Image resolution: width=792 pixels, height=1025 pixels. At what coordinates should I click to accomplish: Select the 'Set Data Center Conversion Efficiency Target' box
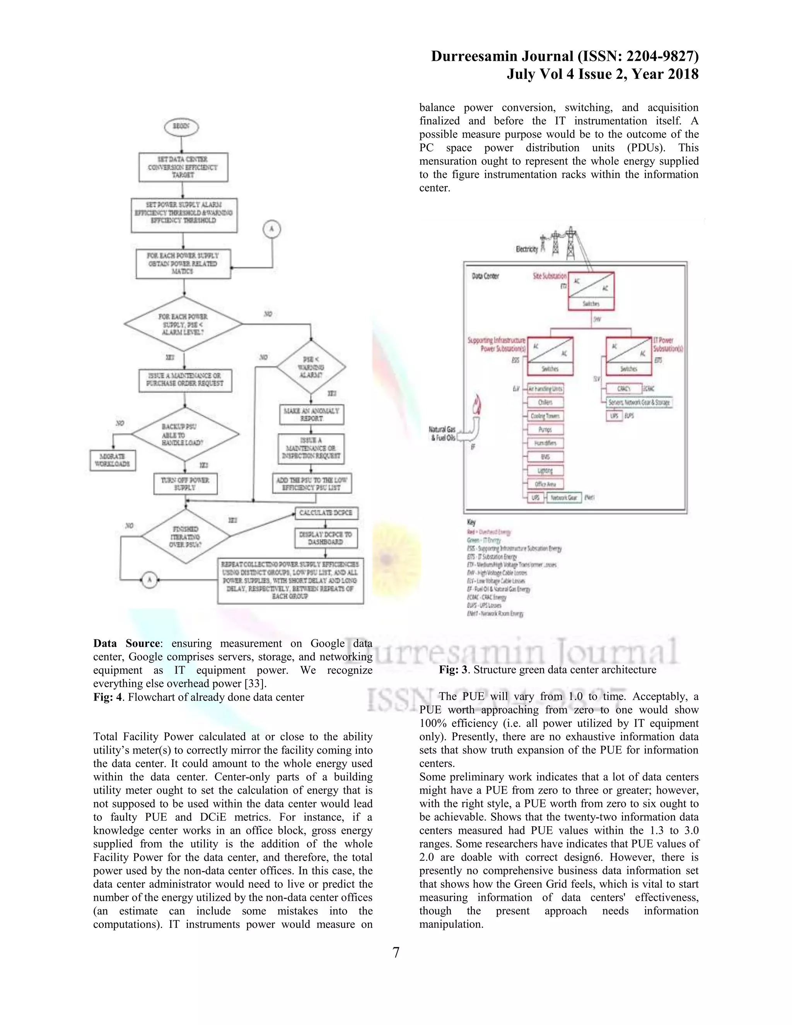[183, 167]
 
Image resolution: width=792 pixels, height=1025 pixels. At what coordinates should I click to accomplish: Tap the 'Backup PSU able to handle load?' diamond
[184, 434]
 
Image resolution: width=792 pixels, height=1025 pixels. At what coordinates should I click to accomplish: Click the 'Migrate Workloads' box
[113, 460]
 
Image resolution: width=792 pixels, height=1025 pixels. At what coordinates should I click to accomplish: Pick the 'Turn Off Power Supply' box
[185, 484]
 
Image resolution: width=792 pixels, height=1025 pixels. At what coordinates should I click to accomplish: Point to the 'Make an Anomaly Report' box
[312, 414]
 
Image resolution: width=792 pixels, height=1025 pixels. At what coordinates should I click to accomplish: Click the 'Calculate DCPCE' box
[326, 513]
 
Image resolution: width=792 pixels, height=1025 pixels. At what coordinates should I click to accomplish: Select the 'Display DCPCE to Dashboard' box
[326, 538]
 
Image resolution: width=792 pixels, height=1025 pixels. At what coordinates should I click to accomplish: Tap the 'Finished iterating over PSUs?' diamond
[185, 536]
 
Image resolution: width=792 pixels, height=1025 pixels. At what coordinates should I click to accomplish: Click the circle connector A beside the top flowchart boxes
[271, 229]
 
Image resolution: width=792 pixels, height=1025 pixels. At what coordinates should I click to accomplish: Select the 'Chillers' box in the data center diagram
[545, 402]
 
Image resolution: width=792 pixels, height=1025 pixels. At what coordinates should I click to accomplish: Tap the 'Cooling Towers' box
[545, 416]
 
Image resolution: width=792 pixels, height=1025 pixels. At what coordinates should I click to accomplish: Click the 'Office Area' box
[545, 484]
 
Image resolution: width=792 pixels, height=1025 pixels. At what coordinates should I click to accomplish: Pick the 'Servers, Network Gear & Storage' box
[639, 402]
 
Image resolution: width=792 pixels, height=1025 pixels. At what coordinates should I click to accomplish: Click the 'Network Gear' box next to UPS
[564, 497]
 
